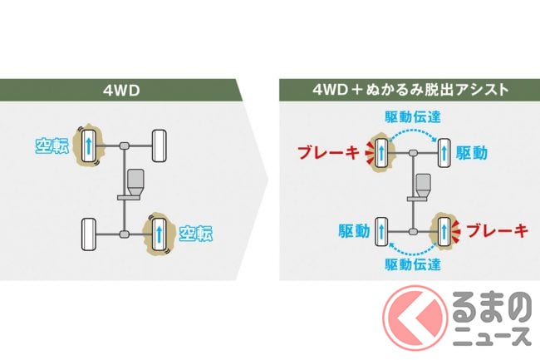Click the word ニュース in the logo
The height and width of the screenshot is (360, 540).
click(493, 336)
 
